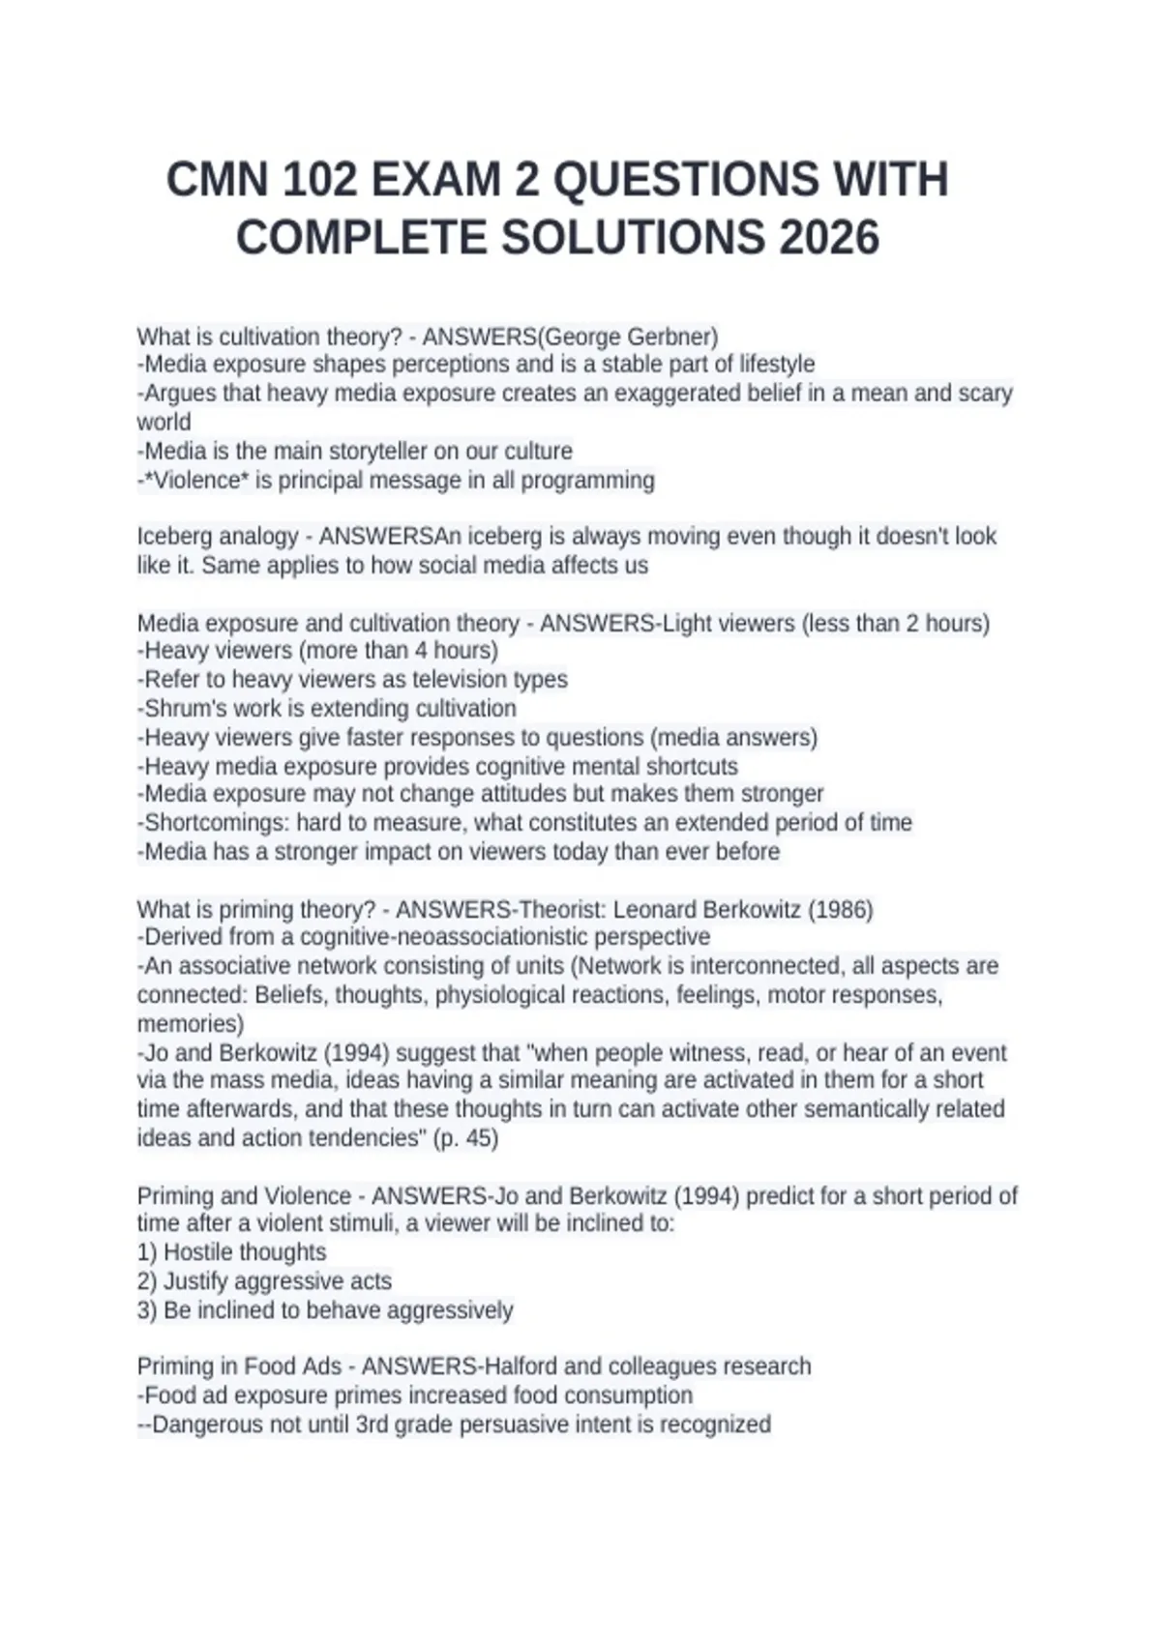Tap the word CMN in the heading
click(216, 180)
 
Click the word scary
click(985, 394)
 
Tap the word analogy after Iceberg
click(259, 537)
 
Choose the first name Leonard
click(655, 910)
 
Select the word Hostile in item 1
click(197, 1252)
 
